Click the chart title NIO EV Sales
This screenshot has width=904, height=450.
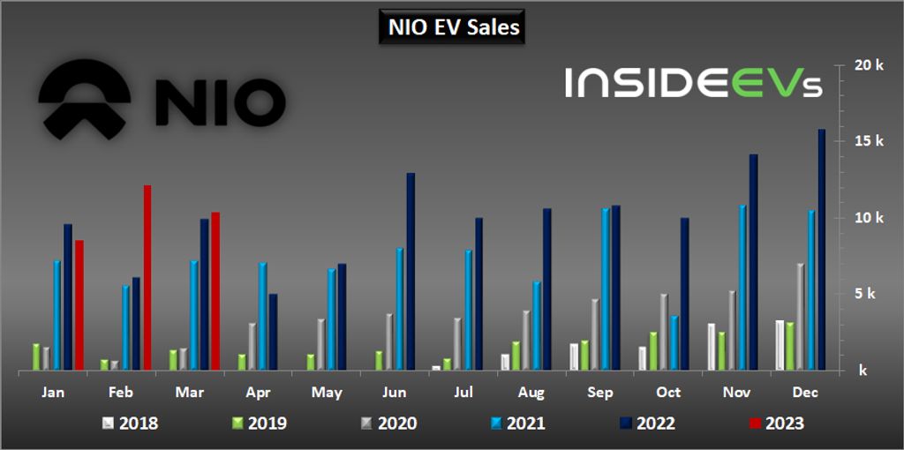(x=454, y=27)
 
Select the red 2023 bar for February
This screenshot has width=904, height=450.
(x=147, y=278)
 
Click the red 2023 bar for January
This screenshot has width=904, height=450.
(x=79, y=305)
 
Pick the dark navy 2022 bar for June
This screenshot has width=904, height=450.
(x=411, y=272)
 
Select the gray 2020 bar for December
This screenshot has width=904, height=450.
(x=801, y=317)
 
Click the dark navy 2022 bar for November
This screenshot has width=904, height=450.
(x=753, y=262)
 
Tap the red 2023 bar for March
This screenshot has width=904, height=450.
(x=215, y=291)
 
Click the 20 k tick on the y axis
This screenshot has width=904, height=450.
(x=870, y=65)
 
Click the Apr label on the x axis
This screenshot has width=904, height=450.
(x=259, y=393)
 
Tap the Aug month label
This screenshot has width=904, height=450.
(x=531, y=393)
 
